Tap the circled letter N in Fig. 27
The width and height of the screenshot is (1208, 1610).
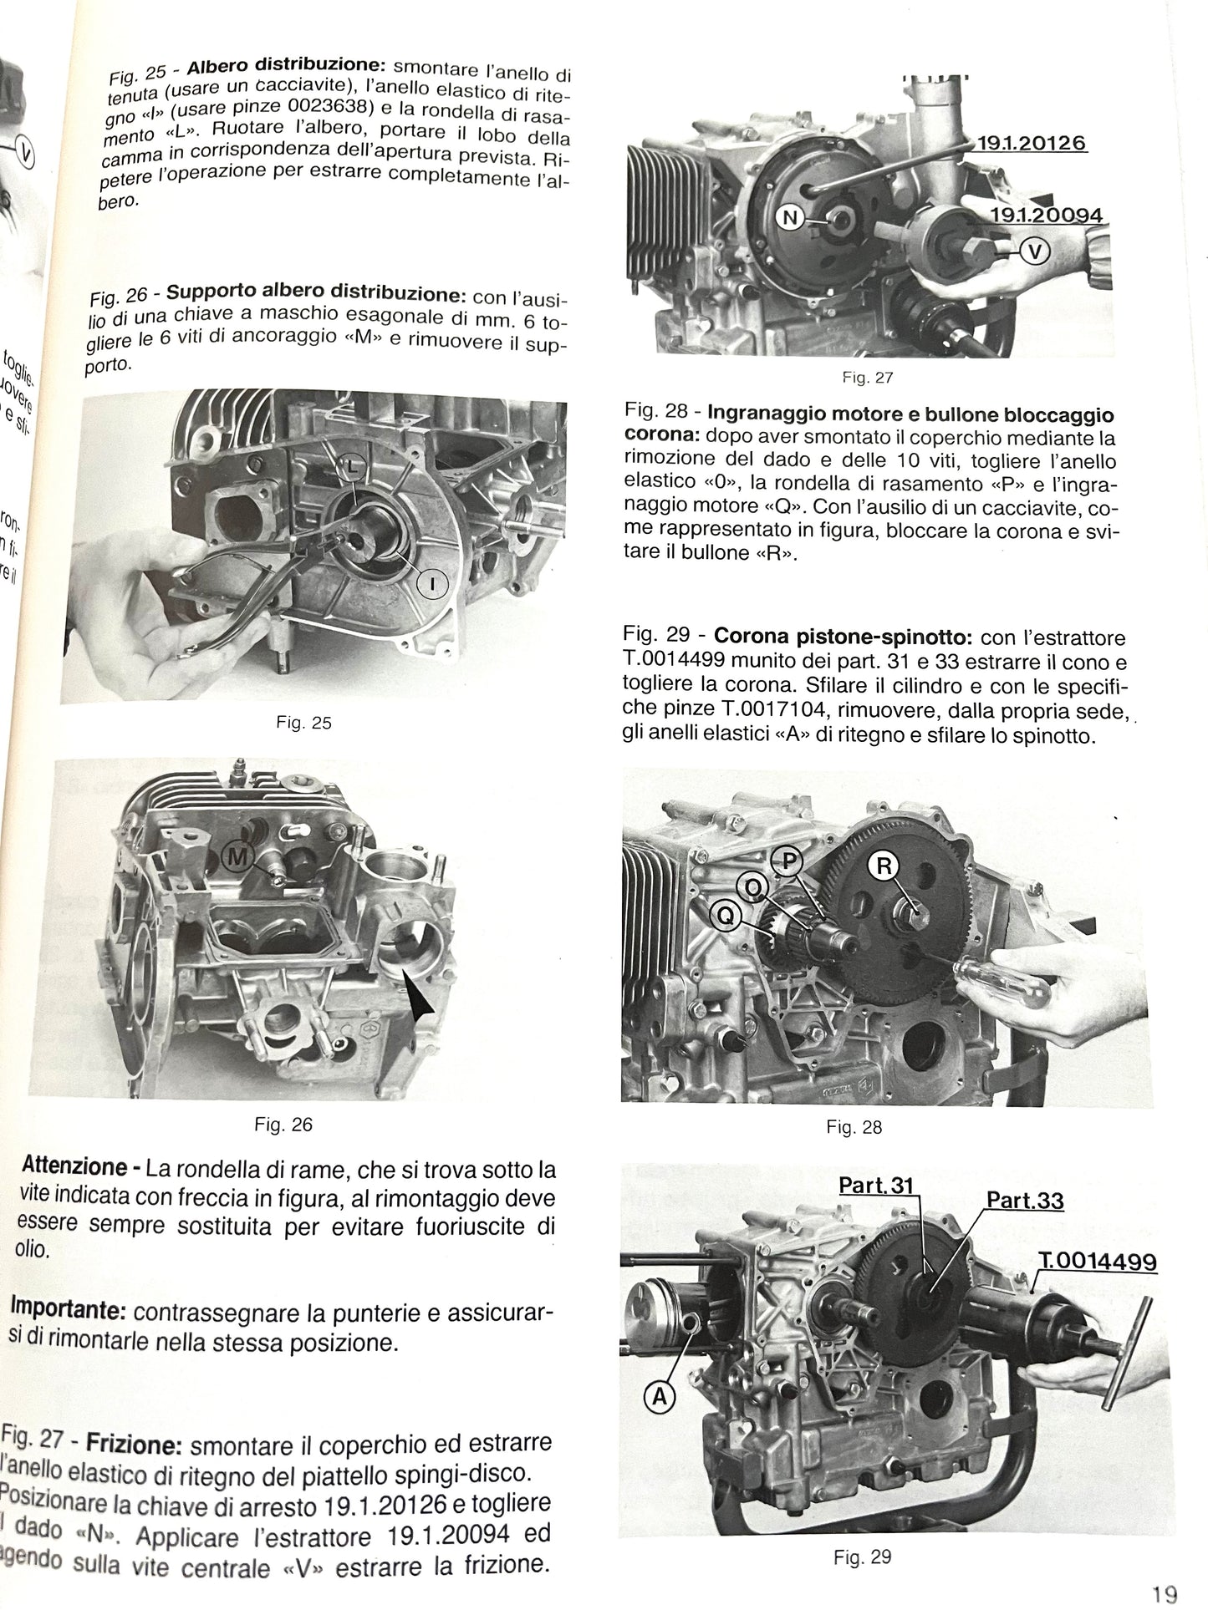click(789, 218)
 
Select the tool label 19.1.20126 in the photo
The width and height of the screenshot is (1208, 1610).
click(1032, 144)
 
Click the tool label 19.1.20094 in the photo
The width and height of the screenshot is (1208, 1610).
click(1046, 216)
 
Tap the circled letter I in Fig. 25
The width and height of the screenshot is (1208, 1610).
click(432, 586)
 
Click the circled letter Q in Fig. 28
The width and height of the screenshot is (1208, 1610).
click(725, 917)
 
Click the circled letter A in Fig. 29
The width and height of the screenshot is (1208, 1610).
click(660, 1395)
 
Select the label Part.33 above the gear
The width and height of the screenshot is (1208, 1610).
click(1025, 1201)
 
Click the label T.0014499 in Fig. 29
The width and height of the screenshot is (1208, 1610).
click(1097, 1261)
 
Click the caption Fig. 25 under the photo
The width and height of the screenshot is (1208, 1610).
click(303, 723)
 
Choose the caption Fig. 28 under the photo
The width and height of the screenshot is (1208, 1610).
click(854, 1127)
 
